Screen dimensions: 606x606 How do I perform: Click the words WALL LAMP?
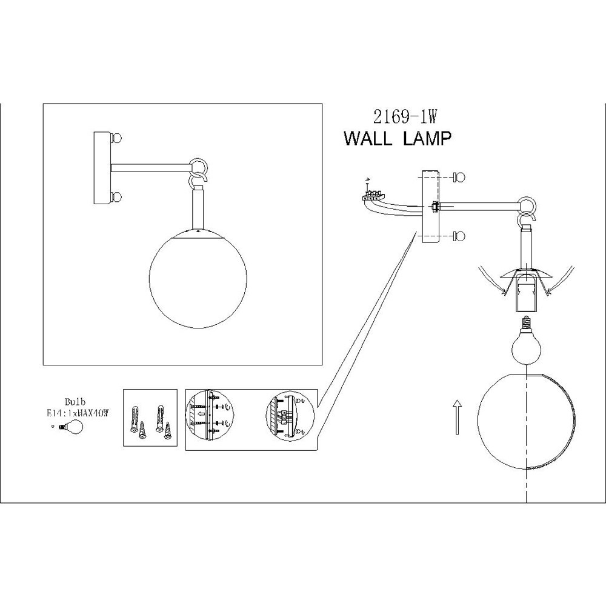coord(398,139)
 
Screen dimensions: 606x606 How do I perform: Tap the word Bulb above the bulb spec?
coord(74,402)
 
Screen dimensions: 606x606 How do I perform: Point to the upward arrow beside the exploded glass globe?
coord(456,418)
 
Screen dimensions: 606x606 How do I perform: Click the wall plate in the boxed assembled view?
coord(101,167)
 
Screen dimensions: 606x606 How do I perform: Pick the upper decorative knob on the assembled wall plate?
coord(117,138)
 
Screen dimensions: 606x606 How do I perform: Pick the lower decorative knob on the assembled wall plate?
coord(117,197)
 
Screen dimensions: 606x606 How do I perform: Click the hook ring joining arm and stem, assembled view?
coord(198,167)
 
